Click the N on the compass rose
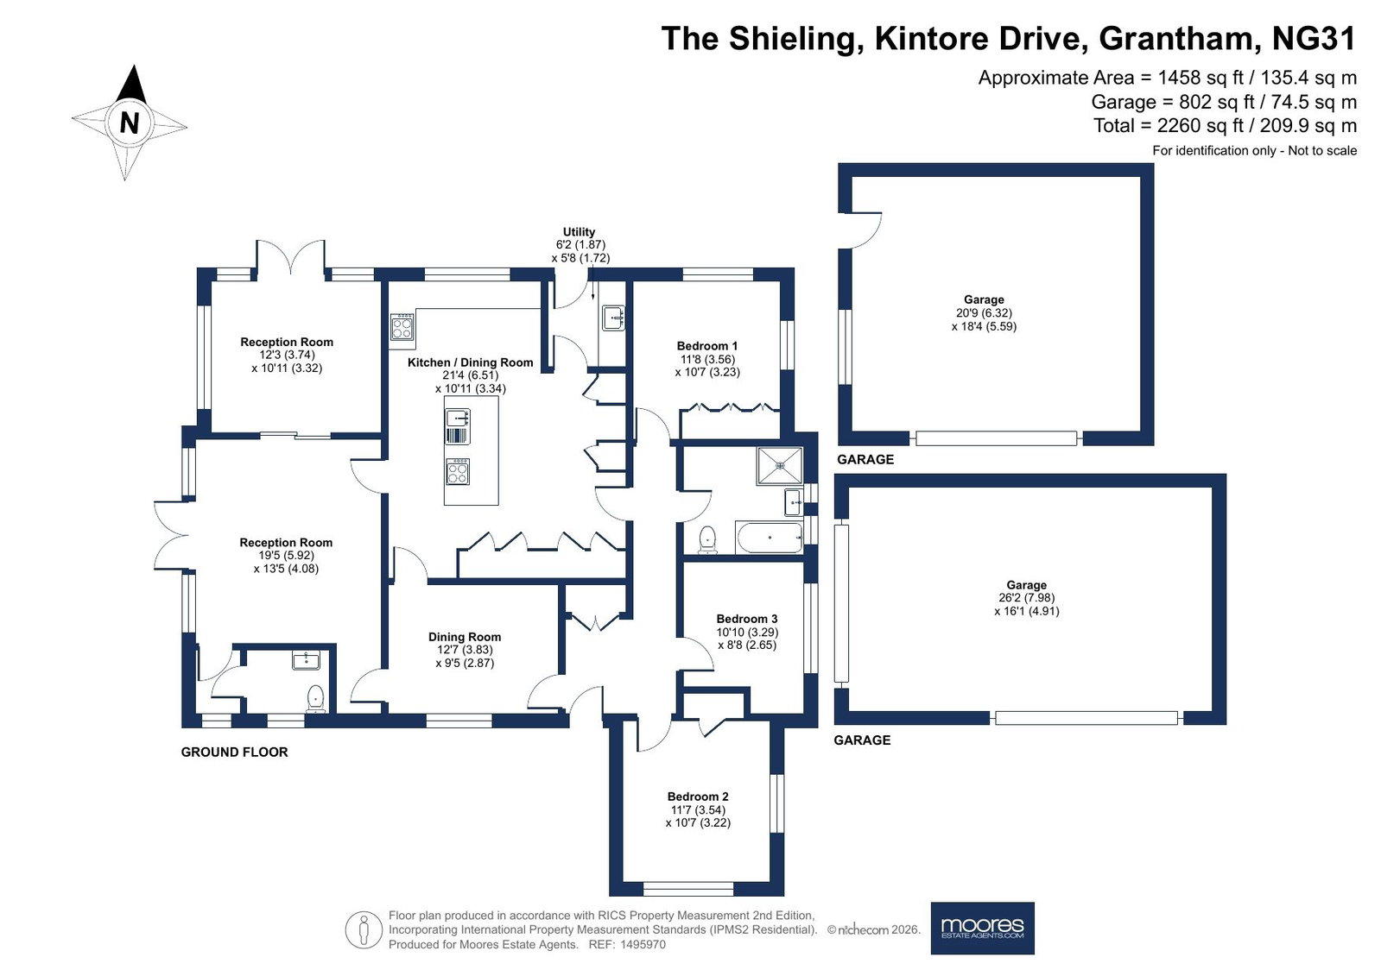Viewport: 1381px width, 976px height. click(129, 123)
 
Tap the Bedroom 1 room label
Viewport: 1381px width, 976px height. click(707, 346)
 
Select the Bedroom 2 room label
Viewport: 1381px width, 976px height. click(698, 797)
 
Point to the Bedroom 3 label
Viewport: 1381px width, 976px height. click(746, 619)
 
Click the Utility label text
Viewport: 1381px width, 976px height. click(579, 231)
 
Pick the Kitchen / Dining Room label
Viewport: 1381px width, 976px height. click(471, 362)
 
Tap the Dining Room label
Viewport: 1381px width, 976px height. click(465, 637)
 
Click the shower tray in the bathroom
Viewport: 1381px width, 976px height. click(780, 465)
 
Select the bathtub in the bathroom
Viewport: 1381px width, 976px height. click(769, 538)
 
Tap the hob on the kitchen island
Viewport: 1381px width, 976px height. click(457, 472)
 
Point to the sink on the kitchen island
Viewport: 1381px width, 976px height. click(458, 419)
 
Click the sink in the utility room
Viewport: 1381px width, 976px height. click(613, 318)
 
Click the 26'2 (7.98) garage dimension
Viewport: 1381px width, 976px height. click(1027, 598)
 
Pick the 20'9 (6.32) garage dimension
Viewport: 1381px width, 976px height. click(984, 313)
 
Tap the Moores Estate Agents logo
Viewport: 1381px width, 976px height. click(982, 928)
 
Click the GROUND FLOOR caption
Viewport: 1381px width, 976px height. click(234, 752)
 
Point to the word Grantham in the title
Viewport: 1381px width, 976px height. click(1175, 38)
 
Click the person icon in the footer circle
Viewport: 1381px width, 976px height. click(364, 929)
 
